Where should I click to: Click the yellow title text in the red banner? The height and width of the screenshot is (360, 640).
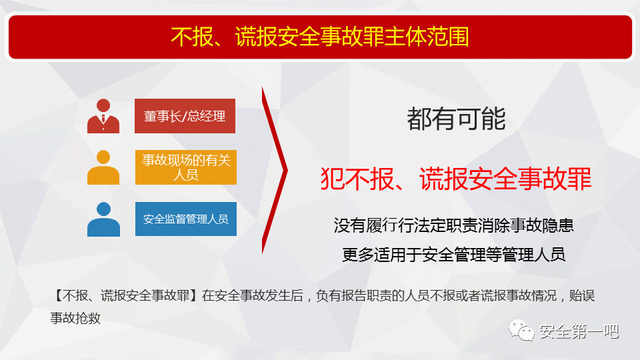(x=319, y=37)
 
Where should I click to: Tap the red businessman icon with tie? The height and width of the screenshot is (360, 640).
(x=103, y=116)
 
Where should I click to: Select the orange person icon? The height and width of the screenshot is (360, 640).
(x=103, y=167)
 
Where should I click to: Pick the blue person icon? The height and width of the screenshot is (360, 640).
(x=103, y=219)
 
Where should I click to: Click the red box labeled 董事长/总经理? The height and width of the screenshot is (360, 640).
(x=185, y=116)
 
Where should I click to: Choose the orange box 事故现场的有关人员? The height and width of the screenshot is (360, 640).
(x=186, y=167)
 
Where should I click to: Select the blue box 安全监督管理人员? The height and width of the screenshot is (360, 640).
(x=186, y=219)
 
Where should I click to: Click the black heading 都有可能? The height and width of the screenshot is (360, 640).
(x=456, y=119)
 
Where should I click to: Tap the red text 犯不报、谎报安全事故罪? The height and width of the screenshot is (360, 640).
(x=456, y=179)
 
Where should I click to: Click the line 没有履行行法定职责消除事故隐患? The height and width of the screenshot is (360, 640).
(x=453, y=225)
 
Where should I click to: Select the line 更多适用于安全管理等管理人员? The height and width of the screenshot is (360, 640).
(x=453, y=255)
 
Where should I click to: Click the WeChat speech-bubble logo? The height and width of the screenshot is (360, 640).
(x=521, y=330)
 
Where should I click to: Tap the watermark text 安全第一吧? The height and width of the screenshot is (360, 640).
(x=579, y=331)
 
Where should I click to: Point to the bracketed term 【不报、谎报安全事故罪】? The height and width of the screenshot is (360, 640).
(x=126, y=295)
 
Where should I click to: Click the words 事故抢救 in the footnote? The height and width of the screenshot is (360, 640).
(x=75, y=319)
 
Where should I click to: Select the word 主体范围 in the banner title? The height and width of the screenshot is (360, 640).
(x=427, y=37)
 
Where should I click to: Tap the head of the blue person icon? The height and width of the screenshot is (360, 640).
(x=104, y=209)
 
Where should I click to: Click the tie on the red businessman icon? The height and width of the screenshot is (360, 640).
(x=103, y=119)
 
